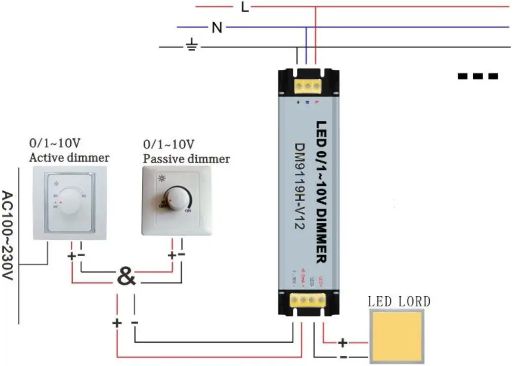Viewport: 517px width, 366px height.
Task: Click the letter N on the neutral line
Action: coord(216,27)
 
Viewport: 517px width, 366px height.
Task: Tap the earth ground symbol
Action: coord(192,47)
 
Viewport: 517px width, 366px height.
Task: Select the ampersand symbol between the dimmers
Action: coord(126,276)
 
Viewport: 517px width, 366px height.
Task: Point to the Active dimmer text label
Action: coord(69,157)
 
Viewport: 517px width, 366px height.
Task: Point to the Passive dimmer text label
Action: coord(186,158)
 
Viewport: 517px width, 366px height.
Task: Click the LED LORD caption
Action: coord(399,302)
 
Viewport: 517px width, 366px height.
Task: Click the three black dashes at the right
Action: coord(478,76)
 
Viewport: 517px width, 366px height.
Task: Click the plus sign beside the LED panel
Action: coord(343,343)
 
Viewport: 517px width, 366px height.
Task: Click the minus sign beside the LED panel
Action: coord(343,358)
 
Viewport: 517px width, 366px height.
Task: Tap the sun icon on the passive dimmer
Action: coord(160,179)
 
